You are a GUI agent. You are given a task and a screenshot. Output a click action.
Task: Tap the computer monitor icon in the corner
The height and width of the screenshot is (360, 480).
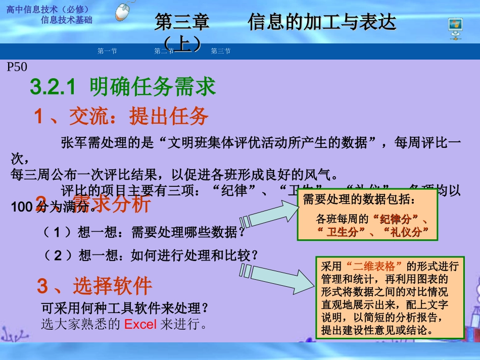click(x=455, y=28)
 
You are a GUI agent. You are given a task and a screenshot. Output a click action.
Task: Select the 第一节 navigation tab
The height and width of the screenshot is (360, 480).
click(x=107, y=51)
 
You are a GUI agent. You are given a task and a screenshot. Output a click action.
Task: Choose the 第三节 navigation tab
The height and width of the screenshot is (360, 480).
click(x=221, y=51)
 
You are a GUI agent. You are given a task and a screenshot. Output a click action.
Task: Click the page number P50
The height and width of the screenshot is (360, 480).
click(x=17, y=67)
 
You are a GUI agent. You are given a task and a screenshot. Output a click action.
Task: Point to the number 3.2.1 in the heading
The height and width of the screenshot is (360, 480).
click(x=53, y=87)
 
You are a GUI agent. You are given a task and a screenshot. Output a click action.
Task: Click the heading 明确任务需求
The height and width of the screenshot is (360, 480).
click(x=153, y=87)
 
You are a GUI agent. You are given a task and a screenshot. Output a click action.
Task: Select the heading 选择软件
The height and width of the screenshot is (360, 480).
click(x=112, y=286)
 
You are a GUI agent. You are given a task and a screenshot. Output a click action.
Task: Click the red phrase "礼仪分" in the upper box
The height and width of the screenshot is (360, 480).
click(x=406, y=232)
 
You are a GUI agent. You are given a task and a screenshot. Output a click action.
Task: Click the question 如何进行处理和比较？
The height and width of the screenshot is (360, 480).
click(x=195, y=255)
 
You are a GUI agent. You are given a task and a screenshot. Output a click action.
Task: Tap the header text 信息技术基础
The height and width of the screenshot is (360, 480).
click(x=67, y=20)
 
